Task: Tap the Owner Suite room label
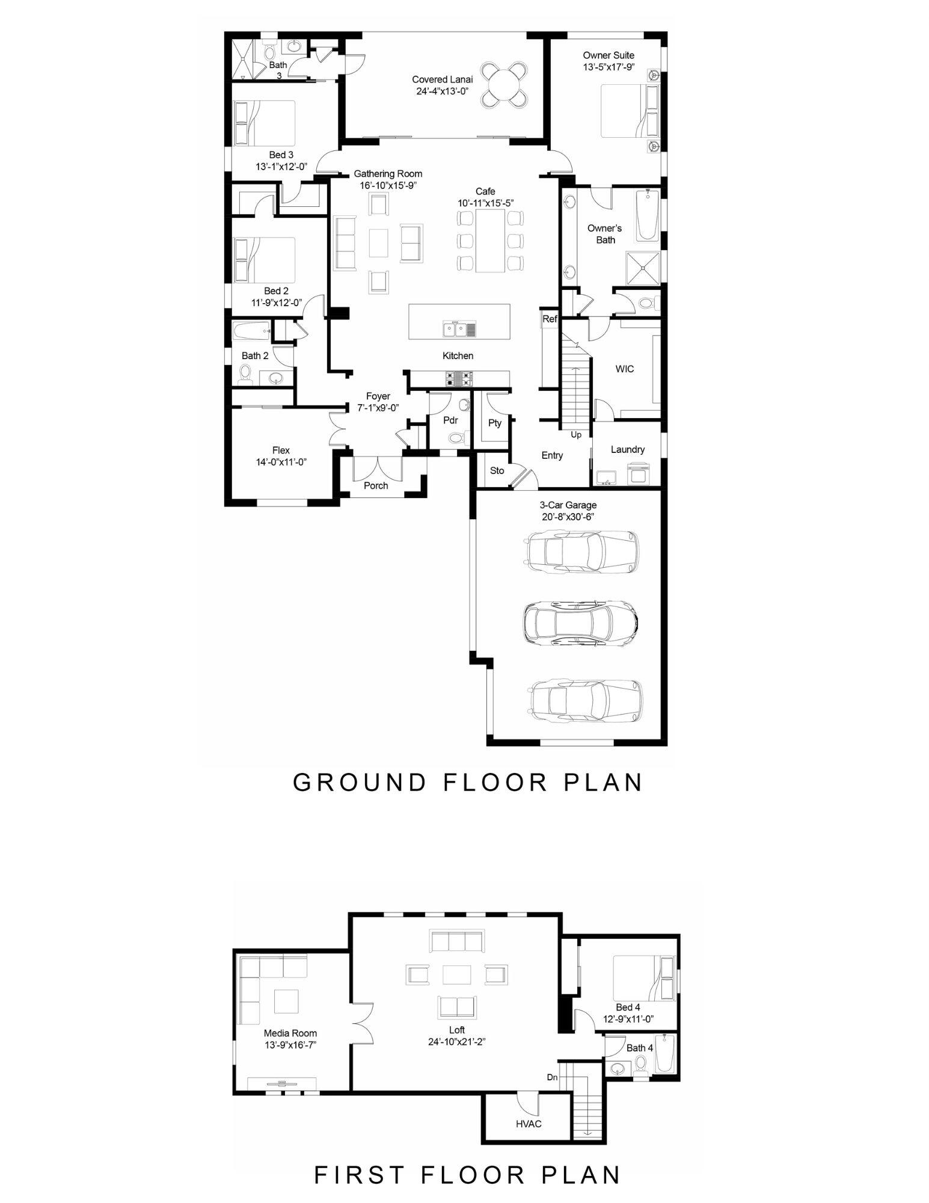[x=608, y=55]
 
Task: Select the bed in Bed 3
[x=265, y=123]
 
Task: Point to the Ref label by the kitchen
[x=549, y=319]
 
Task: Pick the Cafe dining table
[x=489, y=240]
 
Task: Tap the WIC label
[x=624, y=369]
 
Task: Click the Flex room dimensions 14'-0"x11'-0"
[x=281, y=462]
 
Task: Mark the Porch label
[x=376, y=485]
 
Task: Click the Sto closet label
[x=497, y=470]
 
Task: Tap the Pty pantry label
[x=494, y=423]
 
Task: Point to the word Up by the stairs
[x=575, y=434]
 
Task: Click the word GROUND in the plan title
[x=359, y=782]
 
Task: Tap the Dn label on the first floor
[x=551, y=1077]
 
